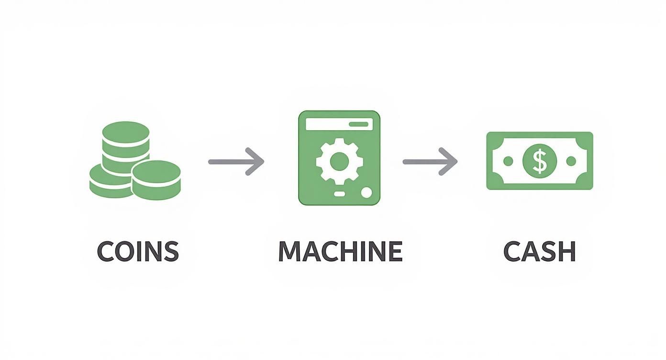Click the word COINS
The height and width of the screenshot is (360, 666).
(x=138, y=251)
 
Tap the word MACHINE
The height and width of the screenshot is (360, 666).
(x=340, y=251)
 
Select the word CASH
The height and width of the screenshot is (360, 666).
(x=540, y=251)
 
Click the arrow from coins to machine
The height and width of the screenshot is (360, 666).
(x=236, y=162)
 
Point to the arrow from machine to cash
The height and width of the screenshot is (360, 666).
(x=430, y=162)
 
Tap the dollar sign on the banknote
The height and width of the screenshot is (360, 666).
(x=540, y=161)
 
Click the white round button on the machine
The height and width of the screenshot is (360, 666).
(x=366, y=193)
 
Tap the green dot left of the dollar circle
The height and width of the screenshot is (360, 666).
(x=508, y=161)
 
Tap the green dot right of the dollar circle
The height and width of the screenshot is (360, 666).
(x=571, y=161)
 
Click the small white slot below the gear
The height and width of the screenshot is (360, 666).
(x=339, y=193)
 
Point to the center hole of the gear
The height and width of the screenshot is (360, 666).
(x=339, y=161)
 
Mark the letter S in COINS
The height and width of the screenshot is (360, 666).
(x=170, y=251)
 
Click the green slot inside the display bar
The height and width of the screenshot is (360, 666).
(x=359, y=124)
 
